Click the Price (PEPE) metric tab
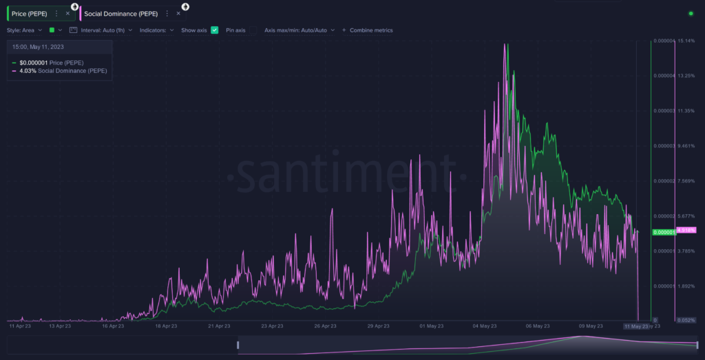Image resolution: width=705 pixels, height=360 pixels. click(x=29, y=13)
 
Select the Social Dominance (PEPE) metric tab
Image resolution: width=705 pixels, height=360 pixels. click(x=120, y=13)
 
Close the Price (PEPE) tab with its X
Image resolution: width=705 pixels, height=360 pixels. click(x=67, y=13)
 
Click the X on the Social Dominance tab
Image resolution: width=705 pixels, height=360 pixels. click(x=178, y=13)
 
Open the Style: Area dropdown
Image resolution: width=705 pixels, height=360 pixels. click(x=25, y=30)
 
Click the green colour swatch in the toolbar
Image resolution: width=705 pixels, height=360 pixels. click(x=52, y=30)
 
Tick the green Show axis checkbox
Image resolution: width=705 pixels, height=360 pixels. click(x=215, y=30)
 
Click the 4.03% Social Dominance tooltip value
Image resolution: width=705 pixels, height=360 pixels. click(x=28, y=71)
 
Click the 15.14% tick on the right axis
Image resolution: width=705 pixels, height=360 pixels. click(x=686, y=41)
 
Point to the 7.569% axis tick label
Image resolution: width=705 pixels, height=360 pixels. click(x=686, y=181)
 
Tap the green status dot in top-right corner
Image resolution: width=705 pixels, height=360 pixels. click(x=691, y=13)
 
